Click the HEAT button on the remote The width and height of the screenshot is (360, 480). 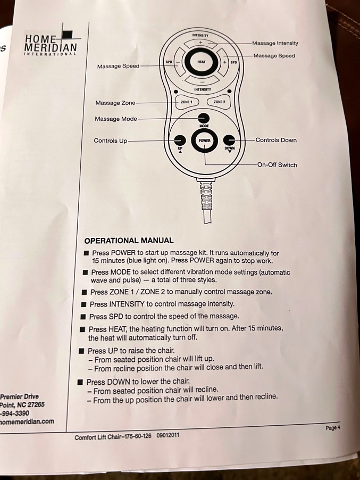click(201, 62)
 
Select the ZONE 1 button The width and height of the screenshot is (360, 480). click(186, 101)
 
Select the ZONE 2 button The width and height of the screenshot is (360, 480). click(219, 101)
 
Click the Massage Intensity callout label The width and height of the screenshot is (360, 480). click(275, 43)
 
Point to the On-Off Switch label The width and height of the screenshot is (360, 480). click(277, 165)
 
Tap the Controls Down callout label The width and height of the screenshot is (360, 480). click(276, 140)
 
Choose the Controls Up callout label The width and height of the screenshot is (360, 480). click(111, 141)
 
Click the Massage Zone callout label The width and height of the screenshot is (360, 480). click(115, 103)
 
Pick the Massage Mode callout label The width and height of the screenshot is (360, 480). click(116, 119)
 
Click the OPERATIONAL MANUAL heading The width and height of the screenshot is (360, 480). click(129, 241)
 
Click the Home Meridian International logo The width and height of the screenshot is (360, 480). click(51, 45)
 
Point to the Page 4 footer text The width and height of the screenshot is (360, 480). click(332, 427)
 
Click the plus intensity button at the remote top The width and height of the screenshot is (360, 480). click(200, 42)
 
